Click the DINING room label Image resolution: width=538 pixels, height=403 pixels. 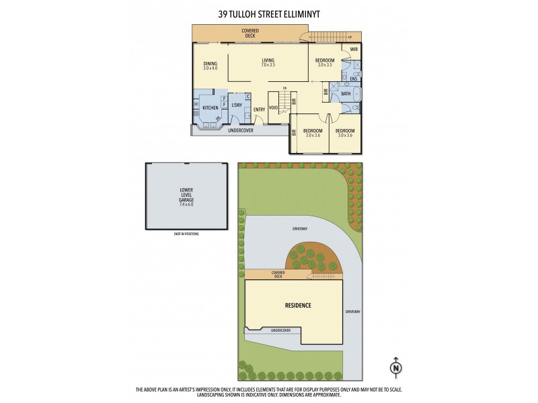point(210,64)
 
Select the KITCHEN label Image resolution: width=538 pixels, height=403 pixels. point(210,107)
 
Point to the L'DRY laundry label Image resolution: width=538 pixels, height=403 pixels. point(236,105)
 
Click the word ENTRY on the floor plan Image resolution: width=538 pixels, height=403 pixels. point(259,109)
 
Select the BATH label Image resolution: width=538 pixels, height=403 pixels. point(346,94)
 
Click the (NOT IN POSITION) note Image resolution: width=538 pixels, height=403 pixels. point(186,234)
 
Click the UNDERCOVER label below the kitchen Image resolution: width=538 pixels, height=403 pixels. point(240,130)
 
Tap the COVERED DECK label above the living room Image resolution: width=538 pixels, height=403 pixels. point(250,32)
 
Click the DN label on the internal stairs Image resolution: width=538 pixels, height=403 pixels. point(284,89)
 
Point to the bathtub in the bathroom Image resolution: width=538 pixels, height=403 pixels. point(356,93)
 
